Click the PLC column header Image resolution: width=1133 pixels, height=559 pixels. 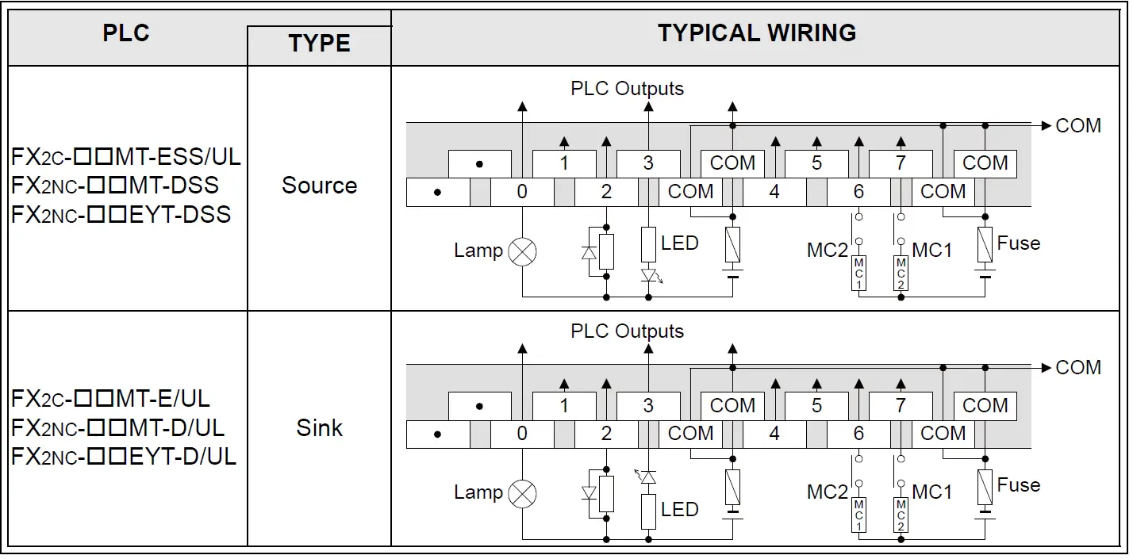126,33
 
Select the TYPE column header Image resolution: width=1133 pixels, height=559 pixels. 319,44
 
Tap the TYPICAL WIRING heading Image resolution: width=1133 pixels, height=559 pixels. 756,33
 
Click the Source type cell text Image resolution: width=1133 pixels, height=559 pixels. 319,186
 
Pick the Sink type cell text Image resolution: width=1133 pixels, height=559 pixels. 319,428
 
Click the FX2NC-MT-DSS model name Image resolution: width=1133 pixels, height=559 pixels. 115,186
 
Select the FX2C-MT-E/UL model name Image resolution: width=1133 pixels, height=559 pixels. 111,399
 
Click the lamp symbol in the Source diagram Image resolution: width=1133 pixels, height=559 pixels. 522,252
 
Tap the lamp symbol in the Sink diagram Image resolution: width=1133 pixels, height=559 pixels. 522,494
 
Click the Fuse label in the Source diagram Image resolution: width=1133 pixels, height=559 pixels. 1018,243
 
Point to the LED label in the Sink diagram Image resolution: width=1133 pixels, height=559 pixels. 679,509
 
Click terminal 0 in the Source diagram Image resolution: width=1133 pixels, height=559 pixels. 522,192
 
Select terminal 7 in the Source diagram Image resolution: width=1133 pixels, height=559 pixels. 901,163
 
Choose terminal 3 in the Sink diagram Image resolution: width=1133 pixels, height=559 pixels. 648,406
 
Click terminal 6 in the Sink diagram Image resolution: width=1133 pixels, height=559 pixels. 858,434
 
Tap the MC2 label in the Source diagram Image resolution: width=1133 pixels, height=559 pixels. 828,251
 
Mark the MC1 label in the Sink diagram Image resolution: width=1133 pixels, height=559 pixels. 932,492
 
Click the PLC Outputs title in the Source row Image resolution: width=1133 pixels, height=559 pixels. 627,88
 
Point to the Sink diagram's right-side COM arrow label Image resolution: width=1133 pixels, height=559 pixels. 1078,368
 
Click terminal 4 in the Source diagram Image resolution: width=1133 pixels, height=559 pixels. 774,192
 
